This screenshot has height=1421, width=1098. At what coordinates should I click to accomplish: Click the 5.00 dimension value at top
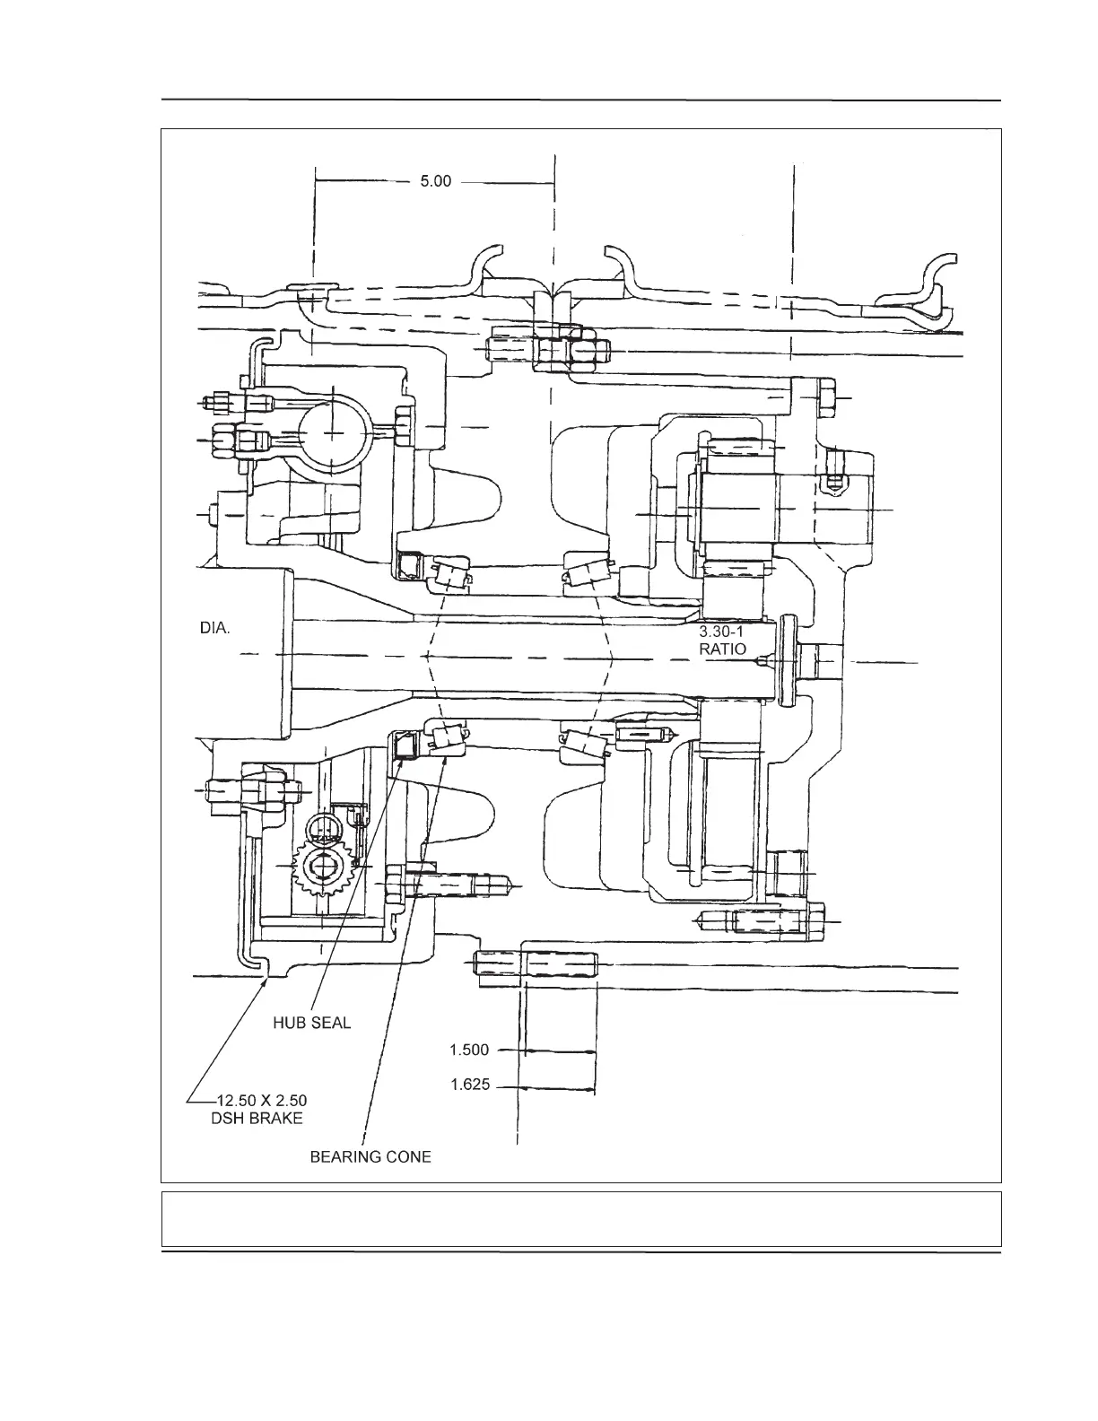436,182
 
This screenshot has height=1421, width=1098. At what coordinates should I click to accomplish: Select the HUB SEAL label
312,1023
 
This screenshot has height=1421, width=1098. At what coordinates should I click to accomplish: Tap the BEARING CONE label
370,1157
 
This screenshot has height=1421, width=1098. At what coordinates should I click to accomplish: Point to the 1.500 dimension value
469,1049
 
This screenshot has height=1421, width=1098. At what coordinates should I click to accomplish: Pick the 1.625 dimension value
469,1085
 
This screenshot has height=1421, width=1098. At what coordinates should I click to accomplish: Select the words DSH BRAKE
250,1119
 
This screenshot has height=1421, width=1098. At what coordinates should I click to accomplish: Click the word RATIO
722,649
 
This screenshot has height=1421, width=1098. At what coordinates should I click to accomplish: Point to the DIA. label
214,629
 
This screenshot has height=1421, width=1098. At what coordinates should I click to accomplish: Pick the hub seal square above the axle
409,566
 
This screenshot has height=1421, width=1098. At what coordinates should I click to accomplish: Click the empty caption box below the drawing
580,1219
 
